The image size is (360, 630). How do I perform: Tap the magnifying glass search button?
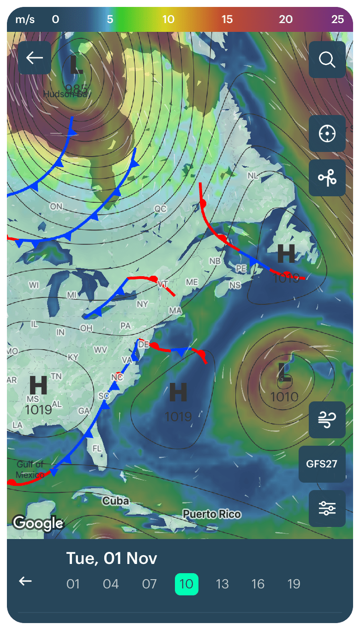click(327, 60)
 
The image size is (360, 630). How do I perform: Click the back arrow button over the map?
click(35, 58)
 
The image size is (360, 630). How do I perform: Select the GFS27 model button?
click(322, 464)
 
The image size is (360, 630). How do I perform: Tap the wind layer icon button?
click(327, 420)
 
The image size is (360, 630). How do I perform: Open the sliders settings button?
click(327, 509)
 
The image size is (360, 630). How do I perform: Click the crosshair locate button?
click(327, 134)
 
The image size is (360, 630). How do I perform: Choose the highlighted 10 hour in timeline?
click(186, 584)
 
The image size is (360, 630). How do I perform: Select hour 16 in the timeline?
click(258, 584)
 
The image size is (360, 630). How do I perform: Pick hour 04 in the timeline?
click(111, 584)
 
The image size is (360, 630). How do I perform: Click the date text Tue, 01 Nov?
click(112, 558)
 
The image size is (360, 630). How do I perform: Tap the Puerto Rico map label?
click(212, 514)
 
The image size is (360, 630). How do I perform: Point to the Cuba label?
click(116, 501)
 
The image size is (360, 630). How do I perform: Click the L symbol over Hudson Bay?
click(76, 66)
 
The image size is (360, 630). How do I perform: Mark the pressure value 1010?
click(284, 397)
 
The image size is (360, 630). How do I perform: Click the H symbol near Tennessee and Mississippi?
click(38, 385)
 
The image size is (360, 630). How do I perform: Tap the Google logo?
click(38, 523)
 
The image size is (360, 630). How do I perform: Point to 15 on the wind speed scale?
click(227, 19)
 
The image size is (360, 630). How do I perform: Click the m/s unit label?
click(25, 19)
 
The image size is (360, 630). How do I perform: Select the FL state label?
click(97, 448)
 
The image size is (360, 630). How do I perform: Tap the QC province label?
click(160, 209)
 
